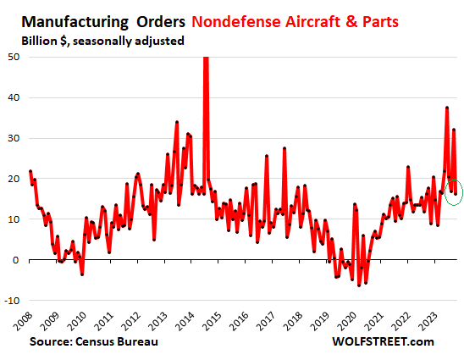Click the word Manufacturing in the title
[58, 18]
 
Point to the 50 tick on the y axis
[14, 57]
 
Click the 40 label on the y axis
[14, 97]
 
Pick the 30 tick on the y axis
[14, 138]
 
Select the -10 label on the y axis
[13, 301]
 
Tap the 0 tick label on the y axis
[18, 260]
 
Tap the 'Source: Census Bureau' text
[93, 341]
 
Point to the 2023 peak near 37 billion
[446, 108]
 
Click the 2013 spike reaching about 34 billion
[176, 122]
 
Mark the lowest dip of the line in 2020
[359, 285]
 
